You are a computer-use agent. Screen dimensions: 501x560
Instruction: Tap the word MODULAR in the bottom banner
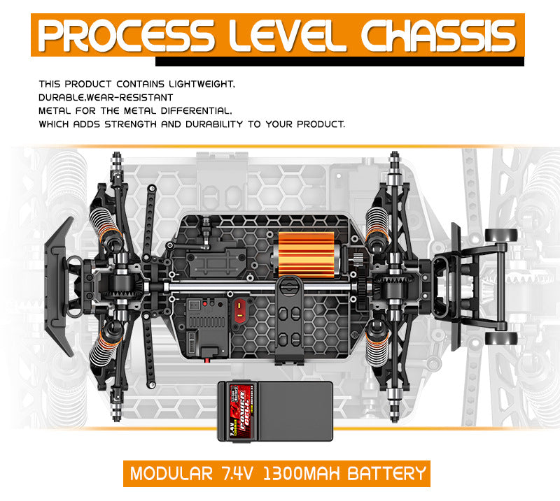[171, 473]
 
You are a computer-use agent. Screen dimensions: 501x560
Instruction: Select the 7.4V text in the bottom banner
[239, 473]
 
